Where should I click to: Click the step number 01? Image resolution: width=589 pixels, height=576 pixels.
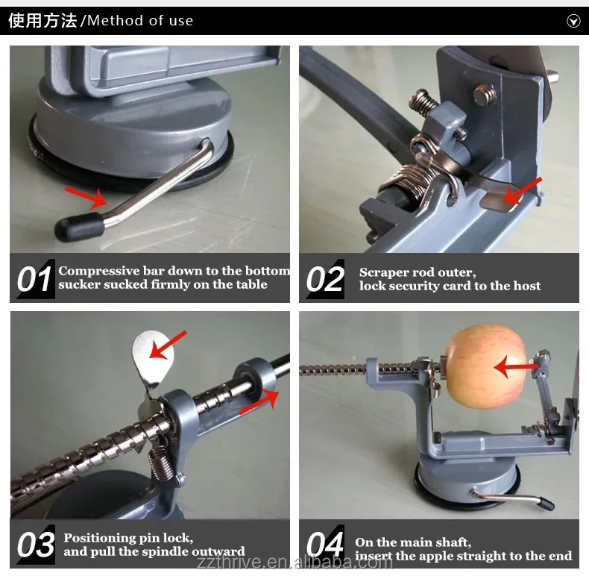pos(34,279)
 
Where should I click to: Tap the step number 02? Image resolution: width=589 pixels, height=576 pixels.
pos(325,279)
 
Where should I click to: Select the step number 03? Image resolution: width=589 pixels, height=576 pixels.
pos(35,545)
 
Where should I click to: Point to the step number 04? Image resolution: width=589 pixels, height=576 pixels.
pos(325,545)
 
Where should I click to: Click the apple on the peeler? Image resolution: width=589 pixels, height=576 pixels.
pos(485,366)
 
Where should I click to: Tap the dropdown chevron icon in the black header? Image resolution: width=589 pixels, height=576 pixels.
pos(573,21)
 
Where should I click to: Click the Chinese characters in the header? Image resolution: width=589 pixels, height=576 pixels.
pos(42,21)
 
